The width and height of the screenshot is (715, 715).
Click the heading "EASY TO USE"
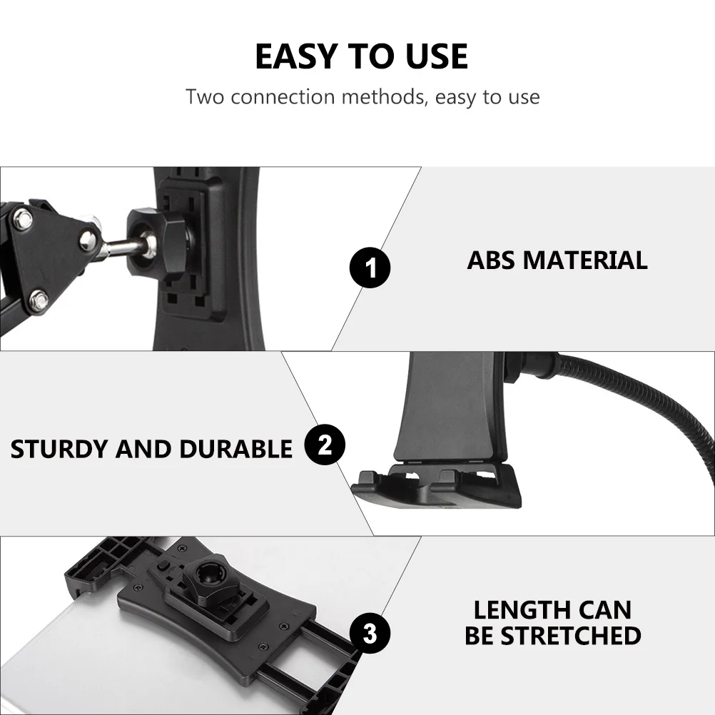(x=361, y=56)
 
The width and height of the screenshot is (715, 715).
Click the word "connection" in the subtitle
(x=283, y=96)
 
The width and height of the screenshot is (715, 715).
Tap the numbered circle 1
(x=370, y=268)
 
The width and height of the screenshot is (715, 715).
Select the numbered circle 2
(x=325, y=445)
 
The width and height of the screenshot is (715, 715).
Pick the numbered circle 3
(x=370, y=633)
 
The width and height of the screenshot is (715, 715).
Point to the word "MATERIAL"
(x=585, y=260)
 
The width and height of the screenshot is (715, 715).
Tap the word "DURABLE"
(x=235, y=449)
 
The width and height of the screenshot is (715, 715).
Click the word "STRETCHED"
(x=571, y=636)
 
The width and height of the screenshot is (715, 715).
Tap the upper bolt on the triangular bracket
(x=23, y=219)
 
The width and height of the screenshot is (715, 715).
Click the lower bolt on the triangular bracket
(x=39, y=300)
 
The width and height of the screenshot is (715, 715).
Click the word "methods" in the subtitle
(x=384, y=96)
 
